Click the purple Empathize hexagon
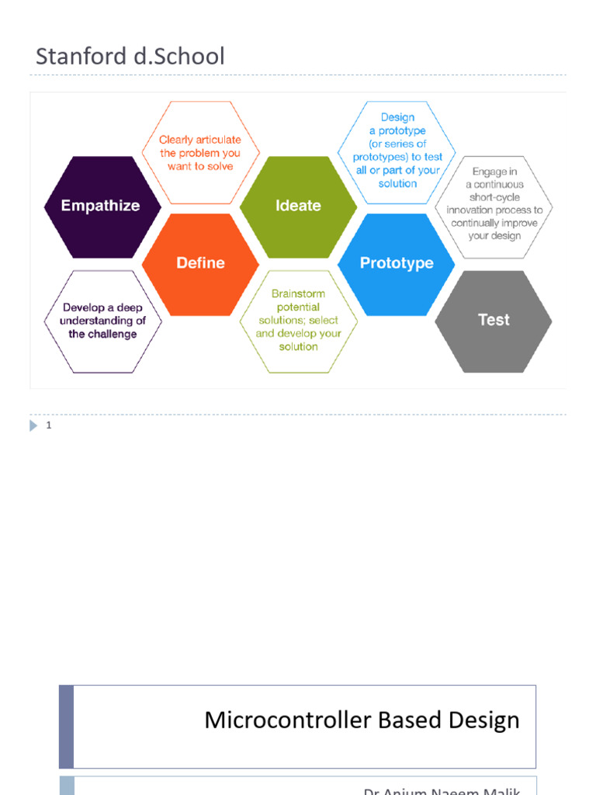click(x=102, y=206)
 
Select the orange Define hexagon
click(x=200, y=263)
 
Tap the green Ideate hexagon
click(x=298, y=206)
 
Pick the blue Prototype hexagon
click(x=396, y=263)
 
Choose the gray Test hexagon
click(x=494, y=320)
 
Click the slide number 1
click(x=49, y=425)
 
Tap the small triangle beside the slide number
click(x=33, y=425)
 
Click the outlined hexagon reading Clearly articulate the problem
click(x=200, y=152)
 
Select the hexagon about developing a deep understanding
click(x=102, y=321)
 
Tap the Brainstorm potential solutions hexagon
click(x=298, y=320)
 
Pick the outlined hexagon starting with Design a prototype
click(x=397, y=151)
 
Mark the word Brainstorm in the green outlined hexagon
click(x=298, y=294)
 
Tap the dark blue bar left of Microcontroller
click(x=67, y=727)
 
